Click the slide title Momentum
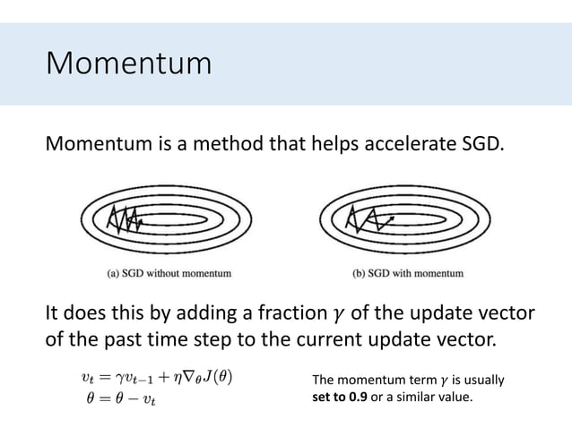[x=128, y=64]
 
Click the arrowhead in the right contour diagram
[x=394, y=216]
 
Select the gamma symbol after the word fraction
[x=336, y=315]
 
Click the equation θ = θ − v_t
[x=117, y=397]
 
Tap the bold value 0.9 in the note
[x=361, y=397]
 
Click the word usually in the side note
[x=480, y=380]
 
